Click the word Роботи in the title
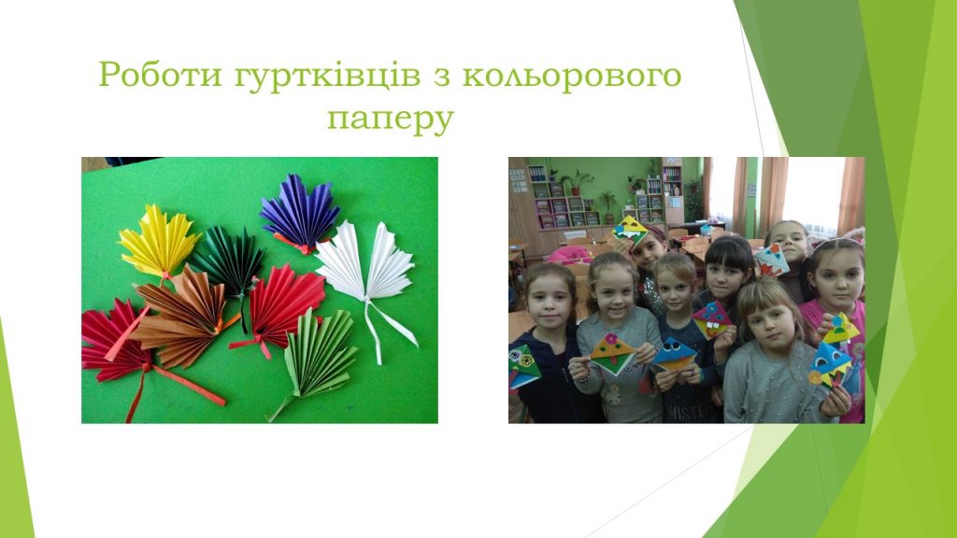pos(160,75)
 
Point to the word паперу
pos(391,119)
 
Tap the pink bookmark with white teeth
pos(711,319)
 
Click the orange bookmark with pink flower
pos(612,352)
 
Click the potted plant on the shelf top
pos(576,181)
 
